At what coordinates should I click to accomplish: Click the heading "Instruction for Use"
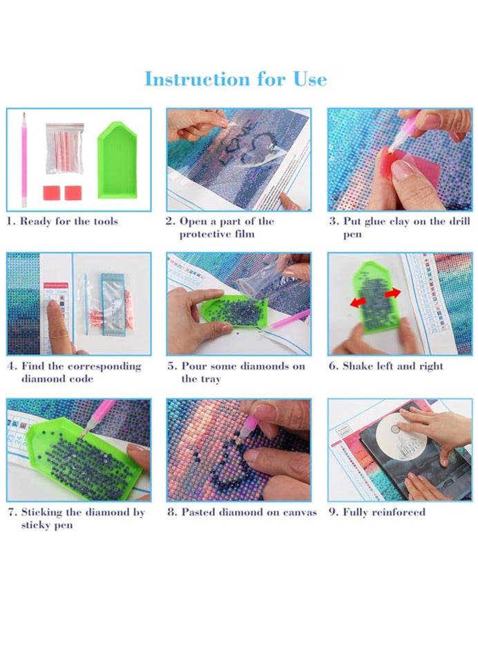coord(236,79)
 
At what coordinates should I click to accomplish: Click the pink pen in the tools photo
coord(24,160)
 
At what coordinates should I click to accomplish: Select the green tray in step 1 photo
coord(117,160)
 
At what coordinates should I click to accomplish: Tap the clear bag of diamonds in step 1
coord(64,148)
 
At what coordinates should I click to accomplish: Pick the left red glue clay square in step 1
coord(52,193)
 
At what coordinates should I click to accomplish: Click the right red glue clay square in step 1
coord(73,193)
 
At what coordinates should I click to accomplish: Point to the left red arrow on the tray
coord(358,302)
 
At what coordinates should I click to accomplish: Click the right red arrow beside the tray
coord(393,293)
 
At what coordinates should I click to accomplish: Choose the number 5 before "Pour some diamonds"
coord(171,366)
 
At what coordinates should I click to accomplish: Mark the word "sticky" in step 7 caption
coord(36,525)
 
